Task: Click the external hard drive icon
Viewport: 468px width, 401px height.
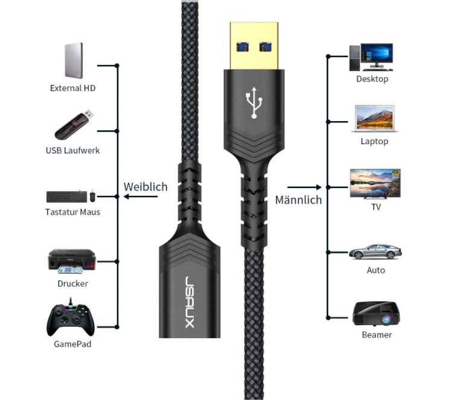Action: tap(74, 60)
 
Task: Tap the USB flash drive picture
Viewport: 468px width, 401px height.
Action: tap(74, 125)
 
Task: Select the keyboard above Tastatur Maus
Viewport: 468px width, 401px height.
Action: tap(66, 197)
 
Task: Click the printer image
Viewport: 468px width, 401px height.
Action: tap(72, 261)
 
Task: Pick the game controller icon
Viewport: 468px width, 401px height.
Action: tap(71, 317)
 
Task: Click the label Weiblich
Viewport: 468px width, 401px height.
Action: tap(146, 187)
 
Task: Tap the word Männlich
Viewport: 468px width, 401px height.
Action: tap(298, 200)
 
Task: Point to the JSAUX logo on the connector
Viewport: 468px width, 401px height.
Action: tap(190, 302)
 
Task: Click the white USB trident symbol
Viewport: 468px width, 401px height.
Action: tap(254, 103)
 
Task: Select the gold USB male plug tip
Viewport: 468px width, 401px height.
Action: tap(254, 46)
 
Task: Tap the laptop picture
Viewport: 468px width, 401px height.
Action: tap(375, 118)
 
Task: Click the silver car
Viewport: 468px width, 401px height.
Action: tap(375, 251)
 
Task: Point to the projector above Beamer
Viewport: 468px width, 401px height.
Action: tap(376, 313)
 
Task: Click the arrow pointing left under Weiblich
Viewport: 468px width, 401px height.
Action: tap(141, 197)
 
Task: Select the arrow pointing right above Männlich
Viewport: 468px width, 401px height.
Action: tap(304, 187)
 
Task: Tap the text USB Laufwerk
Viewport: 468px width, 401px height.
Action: tap(72, 150)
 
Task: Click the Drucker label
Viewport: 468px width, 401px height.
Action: tap(72, 283)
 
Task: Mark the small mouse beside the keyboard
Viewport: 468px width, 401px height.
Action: tap(92, 195)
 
